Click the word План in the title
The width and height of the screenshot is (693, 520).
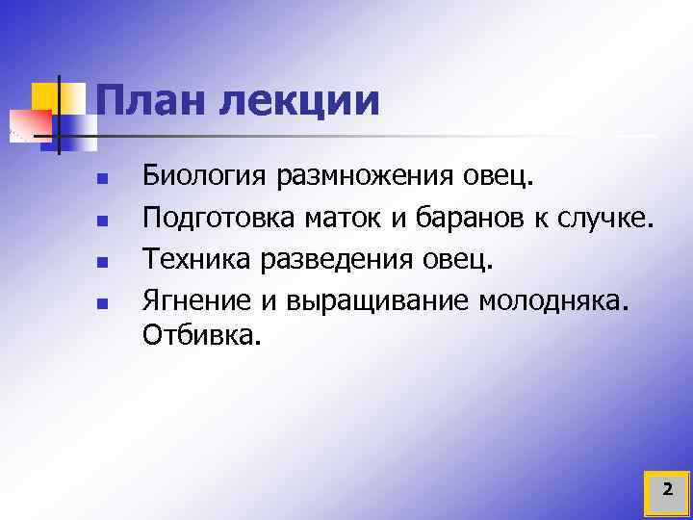pos(151,102)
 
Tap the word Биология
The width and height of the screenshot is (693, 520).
pos(205,178)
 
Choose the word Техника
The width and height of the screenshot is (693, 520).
pos(198,261)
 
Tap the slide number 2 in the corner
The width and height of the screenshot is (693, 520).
pos(667,491)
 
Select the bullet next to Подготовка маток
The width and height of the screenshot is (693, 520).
pos(100,221)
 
